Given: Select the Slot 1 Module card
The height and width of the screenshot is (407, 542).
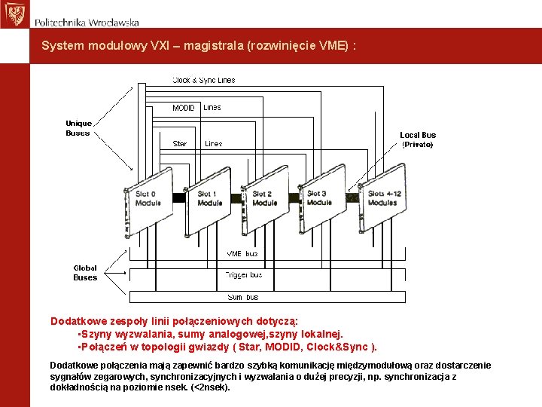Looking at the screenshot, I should point(209,201).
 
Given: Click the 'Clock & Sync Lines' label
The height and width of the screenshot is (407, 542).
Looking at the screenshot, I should point(203,80).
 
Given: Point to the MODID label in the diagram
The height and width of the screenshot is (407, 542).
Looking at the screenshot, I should point(184,108).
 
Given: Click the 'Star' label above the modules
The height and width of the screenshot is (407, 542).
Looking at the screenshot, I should point(180,143).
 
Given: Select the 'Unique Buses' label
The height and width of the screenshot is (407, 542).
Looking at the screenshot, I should point(78,128).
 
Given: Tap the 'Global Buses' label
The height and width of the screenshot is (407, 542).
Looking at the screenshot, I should point(85,272).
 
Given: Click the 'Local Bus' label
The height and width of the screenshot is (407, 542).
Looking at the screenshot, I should point(418,135).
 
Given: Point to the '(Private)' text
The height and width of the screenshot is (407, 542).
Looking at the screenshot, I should point(418,144).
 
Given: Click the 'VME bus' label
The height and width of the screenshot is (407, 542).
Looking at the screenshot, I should point(242,254).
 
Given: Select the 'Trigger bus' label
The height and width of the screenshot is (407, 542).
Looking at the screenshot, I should point(243,275).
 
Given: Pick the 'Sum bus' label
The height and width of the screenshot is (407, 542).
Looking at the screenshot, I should point(242,297).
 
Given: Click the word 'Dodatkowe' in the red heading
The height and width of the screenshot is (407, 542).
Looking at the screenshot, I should point(77,320).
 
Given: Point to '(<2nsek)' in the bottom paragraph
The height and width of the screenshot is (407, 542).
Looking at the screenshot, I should point(210,387).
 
